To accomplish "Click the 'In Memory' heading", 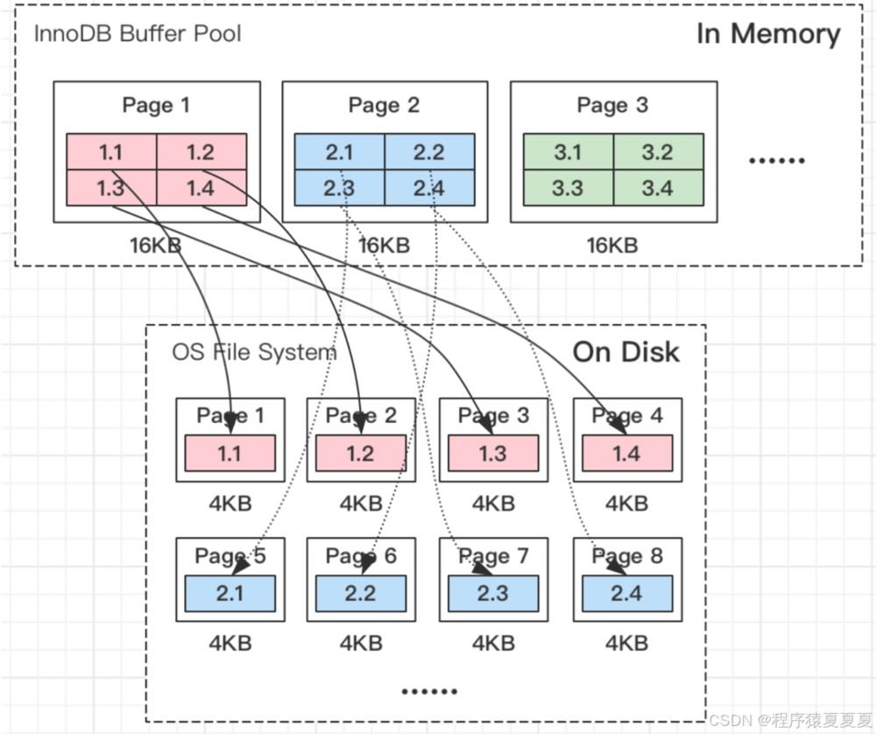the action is click(x=768, y=34).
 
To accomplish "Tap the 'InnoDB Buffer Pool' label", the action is click(x=138, y=33).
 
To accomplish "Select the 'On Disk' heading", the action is click(x=625, y=352).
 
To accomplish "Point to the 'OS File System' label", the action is click(x=254, y=352).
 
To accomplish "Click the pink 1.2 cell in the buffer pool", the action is click(x=201, y=152).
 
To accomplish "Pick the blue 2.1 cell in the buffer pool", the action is click(x=340, y=152).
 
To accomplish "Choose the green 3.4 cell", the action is click(x=659, y=187).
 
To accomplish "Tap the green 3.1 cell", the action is click(x=569, y=152).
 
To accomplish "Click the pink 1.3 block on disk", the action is click(x=493, y=453).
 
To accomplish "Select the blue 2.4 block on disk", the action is click(x=627, y=593).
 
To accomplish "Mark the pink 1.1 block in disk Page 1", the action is click(x=230, y=453).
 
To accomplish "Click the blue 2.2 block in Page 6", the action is click(x=361, y=593).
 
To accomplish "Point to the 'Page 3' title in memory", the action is click(x=613, y=105).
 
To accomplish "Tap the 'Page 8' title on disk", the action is click(x=627, y=556).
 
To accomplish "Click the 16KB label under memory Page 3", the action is click(x=612, y=245).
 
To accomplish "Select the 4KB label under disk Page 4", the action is click(x=627, y=504).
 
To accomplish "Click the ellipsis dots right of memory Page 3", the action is click(x=776, y=160).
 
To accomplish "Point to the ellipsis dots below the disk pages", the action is click(x=429, y=692).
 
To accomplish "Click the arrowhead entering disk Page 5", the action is click(x=240, y=567).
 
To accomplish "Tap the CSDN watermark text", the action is click(x=791, y=719).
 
